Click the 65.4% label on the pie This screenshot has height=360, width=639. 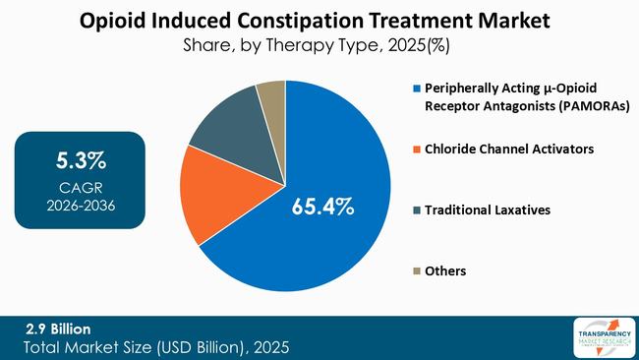pyautogui.click(x=321, y=208)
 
